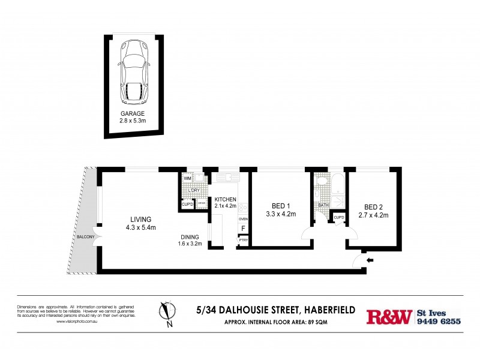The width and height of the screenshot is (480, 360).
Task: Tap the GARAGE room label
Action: click(x=133, y=113)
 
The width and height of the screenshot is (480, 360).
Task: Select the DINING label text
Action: click(x=190, y=236)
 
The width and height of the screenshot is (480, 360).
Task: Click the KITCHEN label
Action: click(x=226, y=199)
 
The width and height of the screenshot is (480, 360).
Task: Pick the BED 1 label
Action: click(x=277, y=206)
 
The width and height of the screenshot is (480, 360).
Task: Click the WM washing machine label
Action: click(x=187, y=178)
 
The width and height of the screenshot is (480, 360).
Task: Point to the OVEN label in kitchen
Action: click(x=243, y=219)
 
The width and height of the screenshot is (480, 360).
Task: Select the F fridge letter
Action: click(x=243, y=229)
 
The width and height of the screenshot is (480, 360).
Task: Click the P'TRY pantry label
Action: click(x=243, y=241)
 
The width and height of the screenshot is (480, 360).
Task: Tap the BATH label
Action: click(x=323, y=205)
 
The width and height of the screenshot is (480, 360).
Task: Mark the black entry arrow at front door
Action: click(x=370, y=260)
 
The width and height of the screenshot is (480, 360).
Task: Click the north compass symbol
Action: click(x=168, y=311)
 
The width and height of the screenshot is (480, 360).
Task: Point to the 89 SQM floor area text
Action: click(x=317, y=323)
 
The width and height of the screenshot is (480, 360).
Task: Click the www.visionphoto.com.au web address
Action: click(x=81, y=322)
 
